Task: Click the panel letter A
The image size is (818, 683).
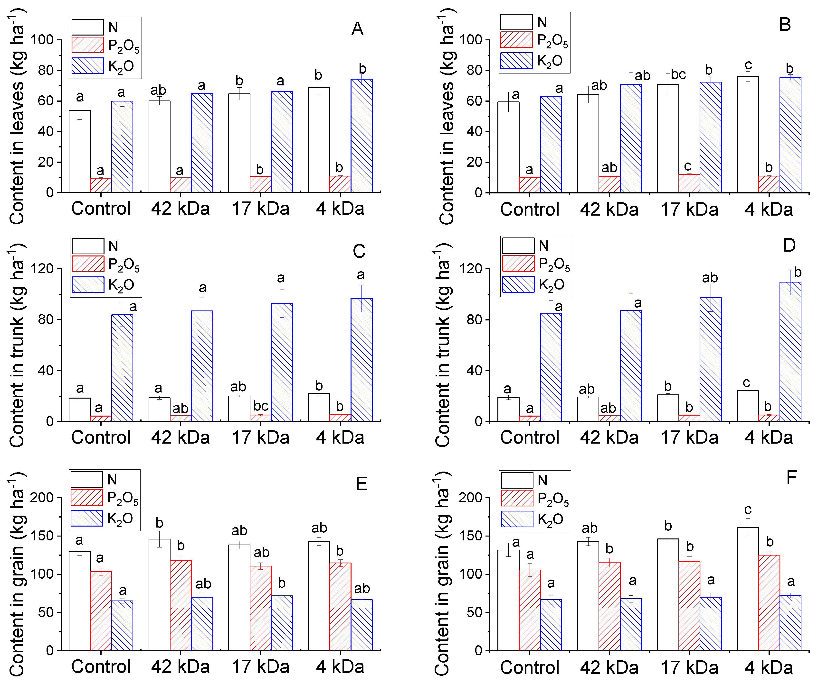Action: (x=357, y=29)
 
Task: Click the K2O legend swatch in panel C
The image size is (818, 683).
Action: (x=88, y=284)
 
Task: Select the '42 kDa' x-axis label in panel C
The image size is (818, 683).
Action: (x=180, y=437)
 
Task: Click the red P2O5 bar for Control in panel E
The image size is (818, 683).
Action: (x=101, y=611)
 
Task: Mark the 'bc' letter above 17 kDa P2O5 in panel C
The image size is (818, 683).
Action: (x=261, y=406)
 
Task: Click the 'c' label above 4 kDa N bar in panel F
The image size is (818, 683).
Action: (x=748, y=510)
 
